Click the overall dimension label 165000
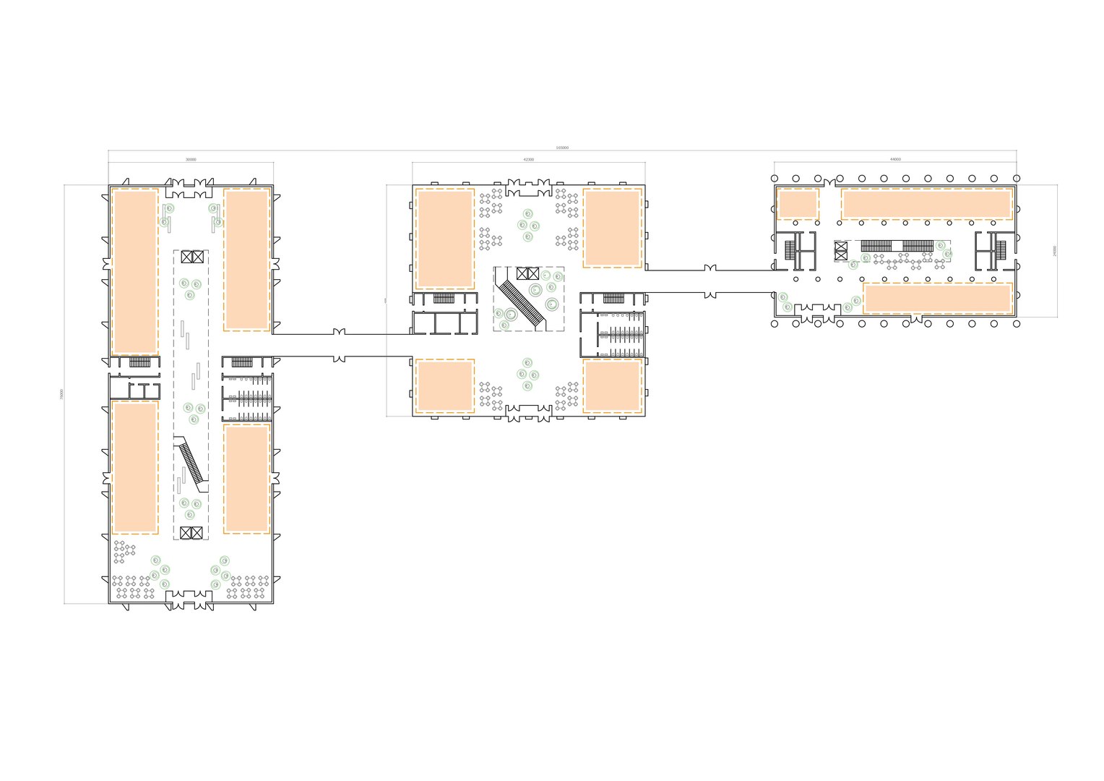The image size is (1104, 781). point(562,148)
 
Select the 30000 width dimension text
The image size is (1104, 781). point(191,159)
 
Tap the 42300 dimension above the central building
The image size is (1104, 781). point(529,159)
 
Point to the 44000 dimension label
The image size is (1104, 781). point(895,159)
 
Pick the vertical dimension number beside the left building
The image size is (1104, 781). point(62,394)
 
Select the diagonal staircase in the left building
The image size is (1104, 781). point(191,463)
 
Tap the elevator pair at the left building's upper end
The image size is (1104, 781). point(193,256)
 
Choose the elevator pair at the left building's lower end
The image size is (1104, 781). point(192,533)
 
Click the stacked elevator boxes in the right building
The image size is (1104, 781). point(840,250)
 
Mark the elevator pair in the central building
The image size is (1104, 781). point(527,273)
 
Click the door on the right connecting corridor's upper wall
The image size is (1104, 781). point(710,268)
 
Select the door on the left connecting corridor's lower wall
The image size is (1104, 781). point(338,358)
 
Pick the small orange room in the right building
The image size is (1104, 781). point(798,204)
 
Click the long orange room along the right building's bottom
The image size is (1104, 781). point(936,298)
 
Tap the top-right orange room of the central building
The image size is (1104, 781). point(612,228)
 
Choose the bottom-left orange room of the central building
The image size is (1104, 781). point(444,385)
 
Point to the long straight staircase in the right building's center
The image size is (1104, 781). point(896,245)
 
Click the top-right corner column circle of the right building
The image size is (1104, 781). point(1017,178)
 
